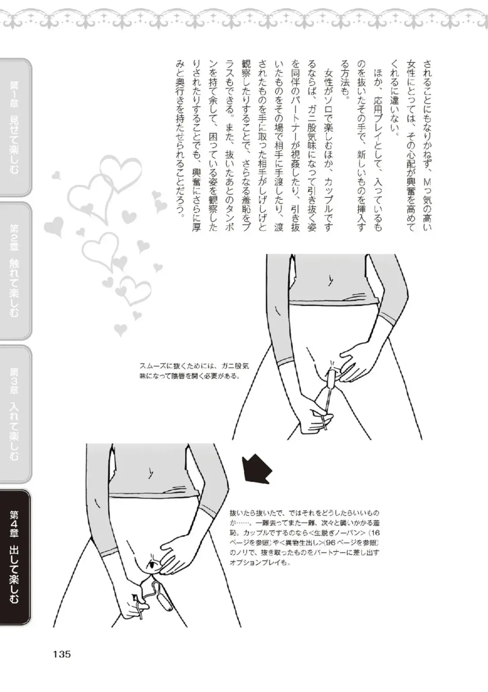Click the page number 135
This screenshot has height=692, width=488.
[62, 654]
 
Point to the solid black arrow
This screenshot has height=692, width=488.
[256, 469]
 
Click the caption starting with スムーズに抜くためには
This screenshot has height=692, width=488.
[193, 371]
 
